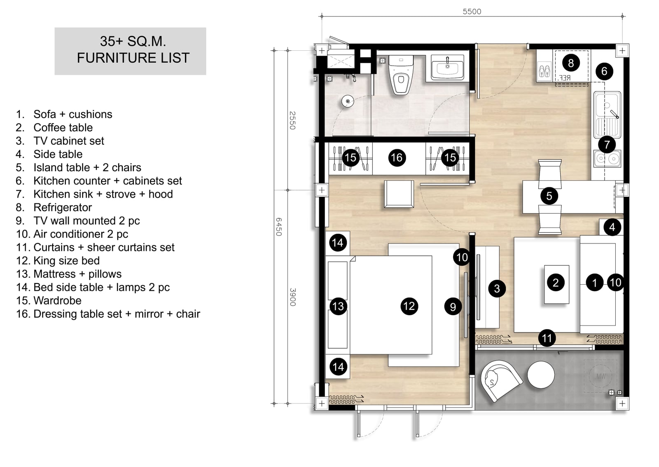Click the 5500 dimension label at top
coord(472,12)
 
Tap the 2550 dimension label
coord(292,120)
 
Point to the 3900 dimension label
coord(292,297)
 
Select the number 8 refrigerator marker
coord(571,63)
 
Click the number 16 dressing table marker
coord(397,158)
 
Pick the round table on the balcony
coord(541,375)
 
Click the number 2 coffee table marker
coord(556,283)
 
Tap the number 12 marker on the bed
coord(409,306)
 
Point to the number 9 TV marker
coord(453,307)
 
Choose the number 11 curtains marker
coord(547,338)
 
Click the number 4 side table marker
coord(612,227)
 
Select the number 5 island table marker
coord(549,196)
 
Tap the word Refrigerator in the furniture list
coord(63,208)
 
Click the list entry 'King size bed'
coord(66,261)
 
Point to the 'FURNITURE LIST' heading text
coord(133,58)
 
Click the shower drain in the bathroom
coord(348,101)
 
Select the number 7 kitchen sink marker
coord(607,144)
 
